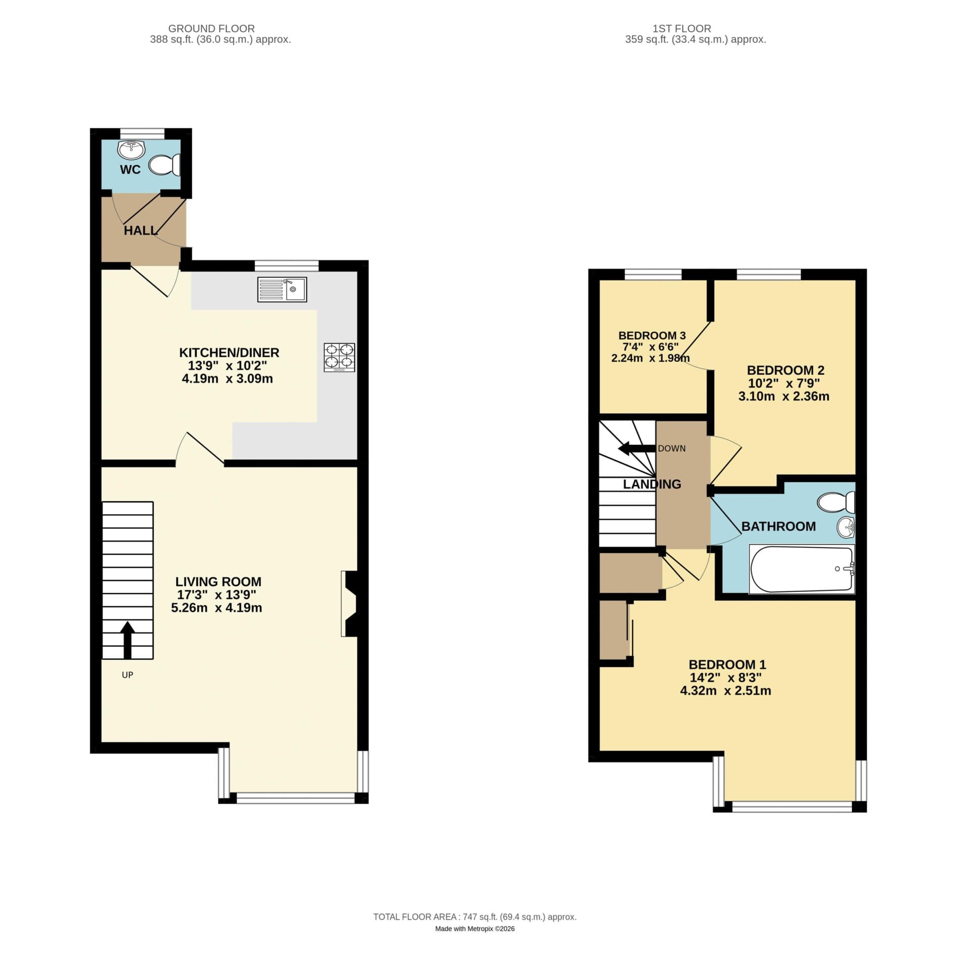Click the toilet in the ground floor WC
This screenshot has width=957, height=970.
click(165, 165)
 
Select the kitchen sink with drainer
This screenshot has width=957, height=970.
click(282, 289)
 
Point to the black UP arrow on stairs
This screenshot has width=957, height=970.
click(127, 640)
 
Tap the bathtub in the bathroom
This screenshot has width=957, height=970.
click(801, 569)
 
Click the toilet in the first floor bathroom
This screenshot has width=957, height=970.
click(836, 502)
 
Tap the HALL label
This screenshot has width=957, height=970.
click(140, 231)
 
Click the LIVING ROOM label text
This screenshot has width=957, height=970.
click(218, 581)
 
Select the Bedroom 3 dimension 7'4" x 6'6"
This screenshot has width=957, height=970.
click(650, 347)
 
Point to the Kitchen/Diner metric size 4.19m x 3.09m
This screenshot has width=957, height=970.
click(227, 379)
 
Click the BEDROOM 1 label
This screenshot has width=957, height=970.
click(727, 664)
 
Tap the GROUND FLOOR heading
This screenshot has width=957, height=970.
click(211, 29)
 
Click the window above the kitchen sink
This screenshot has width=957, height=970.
click(286, 264)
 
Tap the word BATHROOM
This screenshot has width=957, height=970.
click(778, 526)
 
